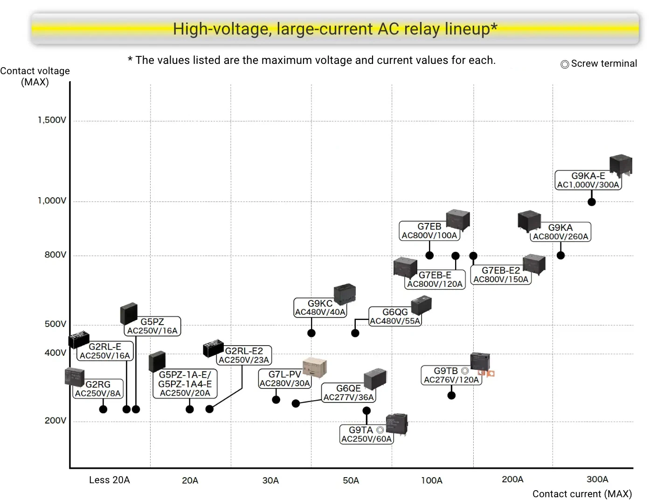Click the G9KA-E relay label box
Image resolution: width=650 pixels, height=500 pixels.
(588, 180)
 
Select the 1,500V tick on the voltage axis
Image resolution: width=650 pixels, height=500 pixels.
(52, 120)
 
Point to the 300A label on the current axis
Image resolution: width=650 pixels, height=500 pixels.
(597, 479)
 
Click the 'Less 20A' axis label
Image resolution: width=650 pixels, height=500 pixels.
(110, 480)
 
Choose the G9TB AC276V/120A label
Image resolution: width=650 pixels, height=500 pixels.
(451, 375)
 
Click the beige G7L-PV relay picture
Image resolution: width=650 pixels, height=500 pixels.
(314, 367)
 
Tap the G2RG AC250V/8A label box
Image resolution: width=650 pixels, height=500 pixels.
(98, 389)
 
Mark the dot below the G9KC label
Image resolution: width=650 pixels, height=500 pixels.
(311, 333)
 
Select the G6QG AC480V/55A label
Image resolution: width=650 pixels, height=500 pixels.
(395, 316)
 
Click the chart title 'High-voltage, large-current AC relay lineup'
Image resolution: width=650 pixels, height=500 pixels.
(335, 29)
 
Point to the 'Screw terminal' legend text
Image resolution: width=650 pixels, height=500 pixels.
(603, 63)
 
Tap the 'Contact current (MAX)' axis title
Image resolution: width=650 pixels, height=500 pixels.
(582, 494)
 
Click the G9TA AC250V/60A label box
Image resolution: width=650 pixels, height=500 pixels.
(366, 434)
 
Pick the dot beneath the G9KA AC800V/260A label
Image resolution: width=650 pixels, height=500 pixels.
(561, 255)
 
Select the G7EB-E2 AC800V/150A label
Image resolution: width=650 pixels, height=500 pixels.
(501, 275)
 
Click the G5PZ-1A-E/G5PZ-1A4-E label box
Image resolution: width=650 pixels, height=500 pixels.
(185, 383)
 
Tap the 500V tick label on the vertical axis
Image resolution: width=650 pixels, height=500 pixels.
(55, 324)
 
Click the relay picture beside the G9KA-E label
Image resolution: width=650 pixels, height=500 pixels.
(621, 166)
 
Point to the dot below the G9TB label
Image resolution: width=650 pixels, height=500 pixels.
(451, 396)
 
